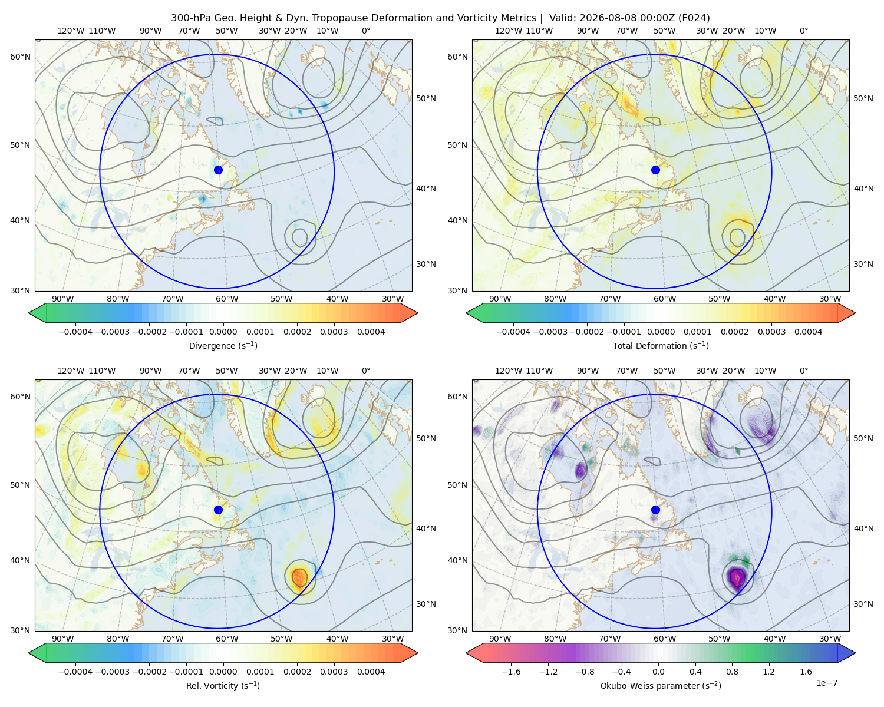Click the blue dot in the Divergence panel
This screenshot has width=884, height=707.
(x=218, y=170)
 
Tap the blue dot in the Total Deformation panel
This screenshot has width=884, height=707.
(x=655, y=170)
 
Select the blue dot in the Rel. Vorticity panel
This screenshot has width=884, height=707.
(x=218, y=510)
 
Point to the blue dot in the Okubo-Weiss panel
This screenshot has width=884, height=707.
(x=655, y=510)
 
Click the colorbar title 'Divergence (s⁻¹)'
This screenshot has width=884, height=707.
(x=223, y=345)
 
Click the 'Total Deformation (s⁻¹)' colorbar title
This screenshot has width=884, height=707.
(x=661, y=345)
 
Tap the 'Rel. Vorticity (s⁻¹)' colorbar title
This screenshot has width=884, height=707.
(x=223, y=685)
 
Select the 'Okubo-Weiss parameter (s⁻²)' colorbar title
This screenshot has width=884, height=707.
(x=661, y=685)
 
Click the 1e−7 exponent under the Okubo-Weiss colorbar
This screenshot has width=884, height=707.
(x=826, y=683)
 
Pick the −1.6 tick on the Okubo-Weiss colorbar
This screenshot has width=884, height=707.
(x=511, y=671)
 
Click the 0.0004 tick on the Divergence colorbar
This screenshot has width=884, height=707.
(x=371, y=332)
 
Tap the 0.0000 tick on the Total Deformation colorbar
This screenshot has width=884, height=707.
(x=661, y=332)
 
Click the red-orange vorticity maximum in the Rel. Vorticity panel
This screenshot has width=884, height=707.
(x=299, y=577)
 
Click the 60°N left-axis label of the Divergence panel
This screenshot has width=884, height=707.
(x=20, y=57)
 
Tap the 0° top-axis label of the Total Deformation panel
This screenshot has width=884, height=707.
(x=803, y=31)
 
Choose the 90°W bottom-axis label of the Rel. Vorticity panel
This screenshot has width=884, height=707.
(x=63, y=639)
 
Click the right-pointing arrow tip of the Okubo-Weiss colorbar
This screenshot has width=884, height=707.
(x=855, y=652)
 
